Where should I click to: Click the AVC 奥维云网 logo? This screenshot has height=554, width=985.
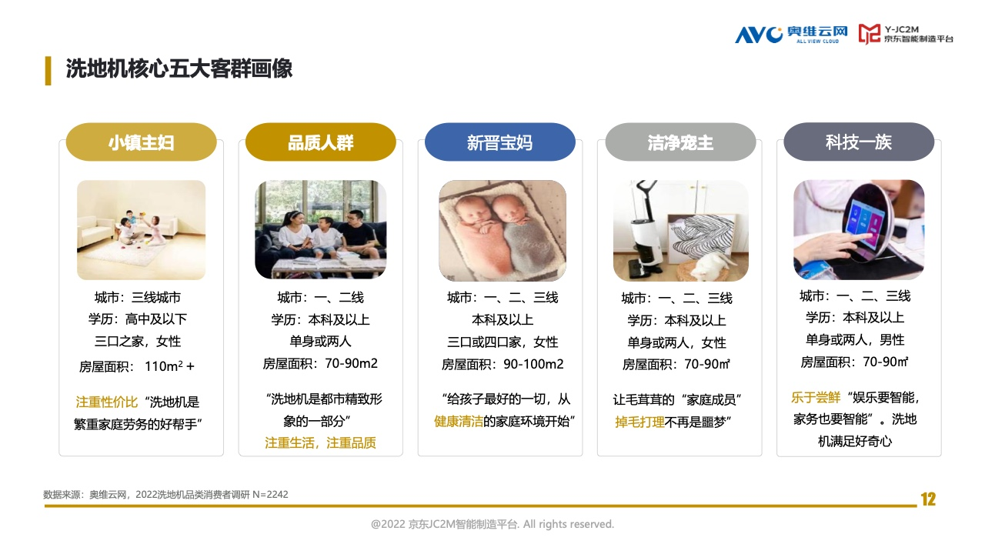(x=791, y=35)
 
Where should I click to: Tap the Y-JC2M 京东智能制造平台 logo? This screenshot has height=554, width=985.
(x=906, y=34)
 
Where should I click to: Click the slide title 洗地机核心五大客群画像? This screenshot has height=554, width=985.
(x=179, y=68)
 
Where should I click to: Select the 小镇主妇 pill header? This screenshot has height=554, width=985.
(x=141, y=142)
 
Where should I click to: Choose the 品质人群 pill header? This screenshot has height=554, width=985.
(x=321, y=142)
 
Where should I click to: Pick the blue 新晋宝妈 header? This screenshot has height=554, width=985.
(x=500, y=142)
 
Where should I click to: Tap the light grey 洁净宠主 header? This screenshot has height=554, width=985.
(x=680, y=142)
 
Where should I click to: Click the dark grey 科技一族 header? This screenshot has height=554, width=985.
(x=859, y=142)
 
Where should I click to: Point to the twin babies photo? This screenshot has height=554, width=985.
(x=503, y=230)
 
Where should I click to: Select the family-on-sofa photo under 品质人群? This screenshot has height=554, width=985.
(x=321, y=229)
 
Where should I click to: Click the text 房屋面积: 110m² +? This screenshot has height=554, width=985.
(x=137, y=365)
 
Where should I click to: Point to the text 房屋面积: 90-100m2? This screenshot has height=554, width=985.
(x=503, y=364)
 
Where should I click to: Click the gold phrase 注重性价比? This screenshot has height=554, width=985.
(x=107, y=402)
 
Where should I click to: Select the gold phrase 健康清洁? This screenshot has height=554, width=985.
(x=458, y=421)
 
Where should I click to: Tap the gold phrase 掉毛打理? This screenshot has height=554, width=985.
(x=639, y=422)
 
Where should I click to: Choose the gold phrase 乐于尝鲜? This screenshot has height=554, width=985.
(x=816, y=398)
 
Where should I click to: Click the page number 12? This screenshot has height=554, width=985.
(x=928, y=499)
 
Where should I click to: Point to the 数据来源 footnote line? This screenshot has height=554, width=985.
(x=165, y=495)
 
